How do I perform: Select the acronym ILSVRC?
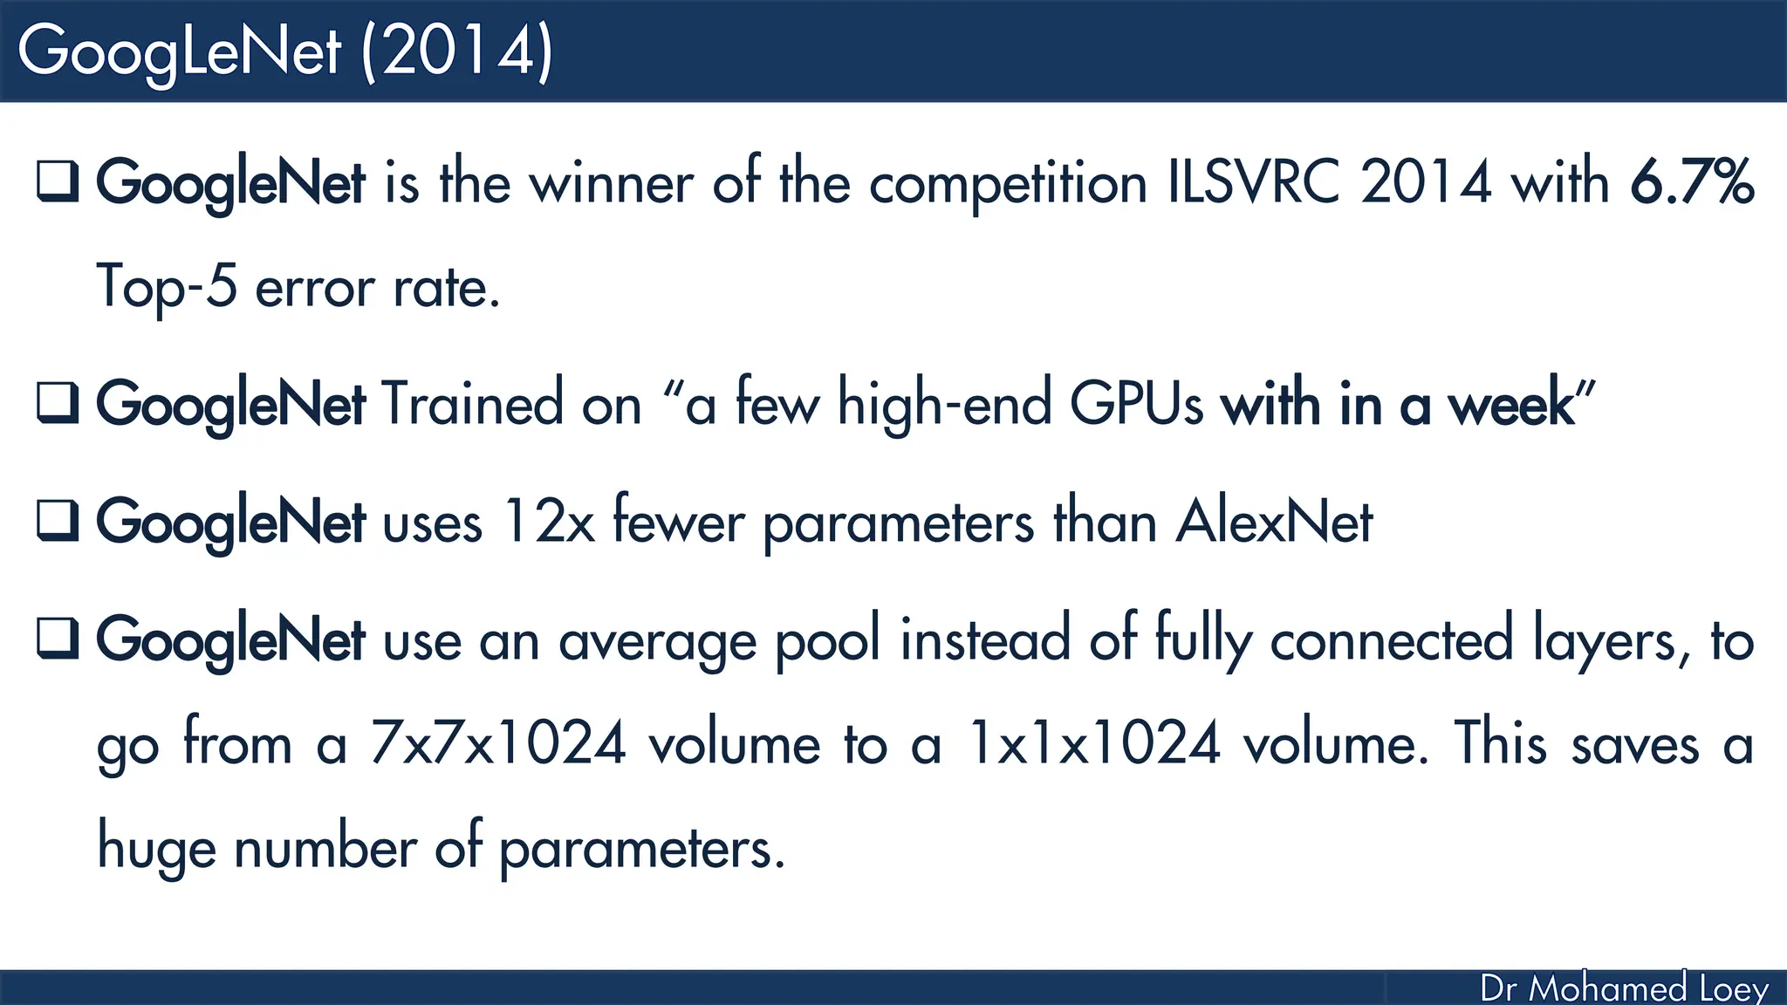1253,182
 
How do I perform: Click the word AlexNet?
1274,522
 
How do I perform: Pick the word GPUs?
1136,404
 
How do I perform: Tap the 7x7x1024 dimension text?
498,744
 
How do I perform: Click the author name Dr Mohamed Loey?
1624,988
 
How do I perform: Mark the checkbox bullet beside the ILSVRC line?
58,181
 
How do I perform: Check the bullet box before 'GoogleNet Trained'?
58,402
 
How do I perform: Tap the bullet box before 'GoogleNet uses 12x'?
58,520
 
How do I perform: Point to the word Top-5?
167,287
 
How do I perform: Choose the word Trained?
472,404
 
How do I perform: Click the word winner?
611,182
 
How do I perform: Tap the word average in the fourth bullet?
657,642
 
